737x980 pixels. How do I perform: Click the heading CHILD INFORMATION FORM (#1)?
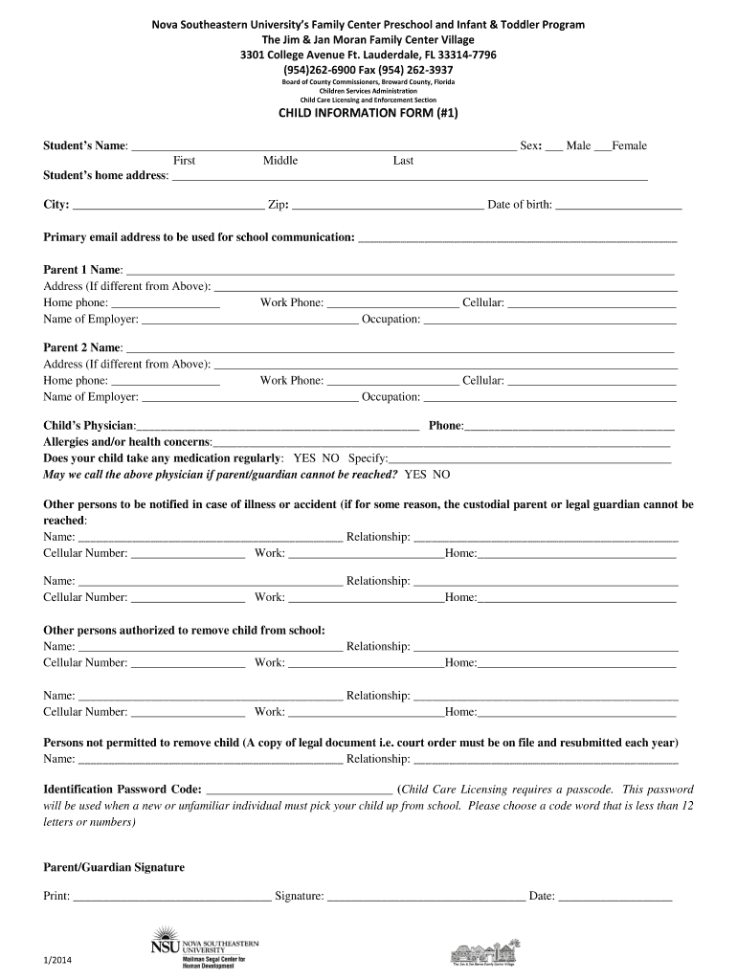(x=368, y=114)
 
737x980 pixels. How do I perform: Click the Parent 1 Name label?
(x=82, y=270)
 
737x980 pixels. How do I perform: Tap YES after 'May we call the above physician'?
(x=415, y=474)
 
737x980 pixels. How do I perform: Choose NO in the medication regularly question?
(x=330, y=458)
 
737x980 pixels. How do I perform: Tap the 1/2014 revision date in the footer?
(x=58, y=960)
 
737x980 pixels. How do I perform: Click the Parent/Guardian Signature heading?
(x=114, y=867)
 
